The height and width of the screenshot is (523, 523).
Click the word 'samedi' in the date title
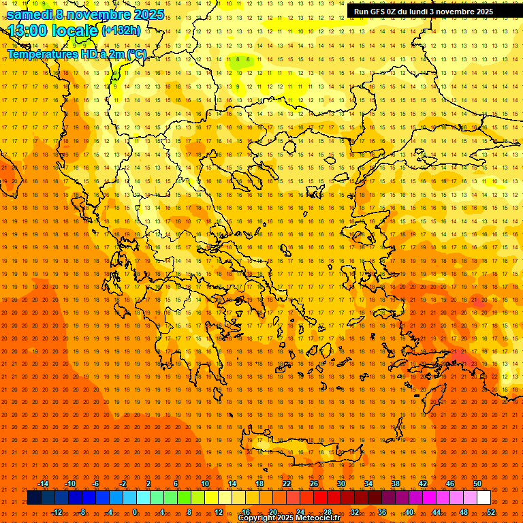point(31,14)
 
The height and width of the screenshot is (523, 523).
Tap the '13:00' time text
point(27,31)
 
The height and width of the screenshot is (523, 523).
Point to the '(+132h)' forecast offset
point(121,31)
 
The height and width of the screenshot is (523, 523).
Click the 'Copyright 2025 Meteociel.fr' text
point(289,518)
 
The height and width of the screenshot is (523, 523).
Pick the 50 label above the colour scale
point(477,484)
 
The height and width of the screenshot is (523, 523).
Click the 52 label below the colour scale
point(491,512)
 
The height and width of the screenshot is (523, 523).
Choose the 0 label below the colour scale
point(135,512)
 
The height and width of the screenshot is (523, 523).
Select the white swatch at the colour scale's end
point(484,498)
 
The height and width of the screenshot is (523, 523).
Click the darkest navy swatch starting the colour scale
point(34,498)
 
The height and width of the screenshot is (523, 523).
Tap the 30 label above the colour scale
point(341,484)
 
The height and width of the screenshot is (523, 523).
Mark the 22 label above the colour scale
point(287,484)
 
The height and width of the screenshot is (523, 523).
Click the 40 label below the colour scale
point(409,512)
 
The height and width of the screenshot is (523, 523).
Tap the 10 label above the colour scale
point(205,484)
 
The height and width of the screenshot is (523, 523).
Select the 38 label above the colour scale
point(396,484)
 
